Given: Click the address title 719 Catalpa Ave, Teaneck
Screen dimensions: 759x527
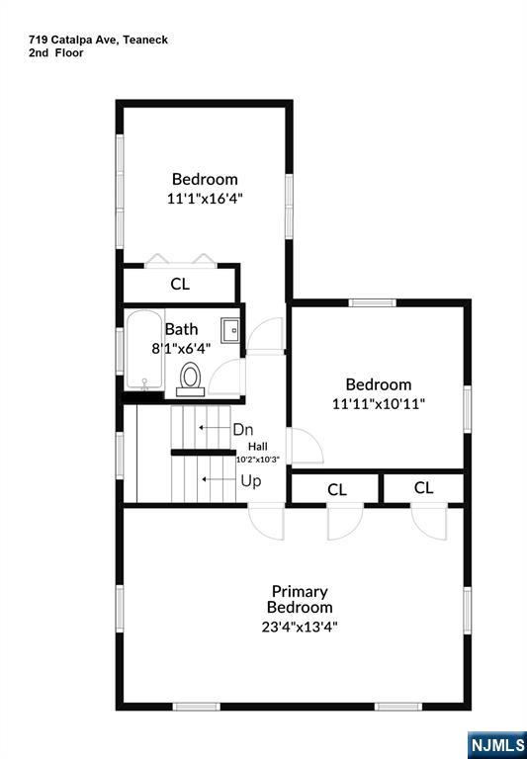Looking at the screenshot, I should coord(98,40).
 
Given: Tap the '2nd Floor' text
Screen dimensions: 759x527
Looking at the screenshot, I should coord(56,53).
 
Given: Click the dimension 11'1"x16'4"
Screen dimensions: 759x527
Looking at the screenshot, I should coord(205,198).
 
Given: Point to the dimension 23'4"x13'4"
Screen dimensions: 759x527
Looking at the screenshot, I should coord(300,626).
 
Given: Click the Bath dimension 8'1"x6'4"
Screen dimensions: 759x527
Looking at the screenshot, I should coord(181,348).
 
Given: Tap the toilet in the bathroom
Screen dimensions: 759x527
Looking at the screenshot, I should coord(191,378).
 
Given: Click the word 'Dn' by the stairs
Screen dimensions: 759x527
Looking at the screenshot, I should coord(243,430).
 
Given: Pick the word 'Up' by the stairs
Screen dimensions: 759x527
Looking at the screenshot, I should coord(251,481).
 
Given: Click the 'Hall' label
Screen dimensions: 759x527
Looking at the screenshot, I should coord(257,446).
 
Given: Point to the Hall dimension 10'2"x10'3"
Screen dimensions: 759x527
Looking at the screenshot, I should coord(258,459).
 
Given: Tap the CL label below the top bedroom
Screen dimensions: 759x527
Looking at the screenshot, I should coord(180,285).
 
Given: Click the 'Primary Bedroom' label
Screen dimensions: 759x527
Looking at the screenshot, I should coord(300,599).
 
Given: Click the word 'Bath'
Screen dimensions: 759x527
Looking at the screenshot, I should coord(181,329).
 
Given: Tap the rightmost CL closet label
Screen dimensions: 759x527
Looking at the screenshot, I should coord(424,487).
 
